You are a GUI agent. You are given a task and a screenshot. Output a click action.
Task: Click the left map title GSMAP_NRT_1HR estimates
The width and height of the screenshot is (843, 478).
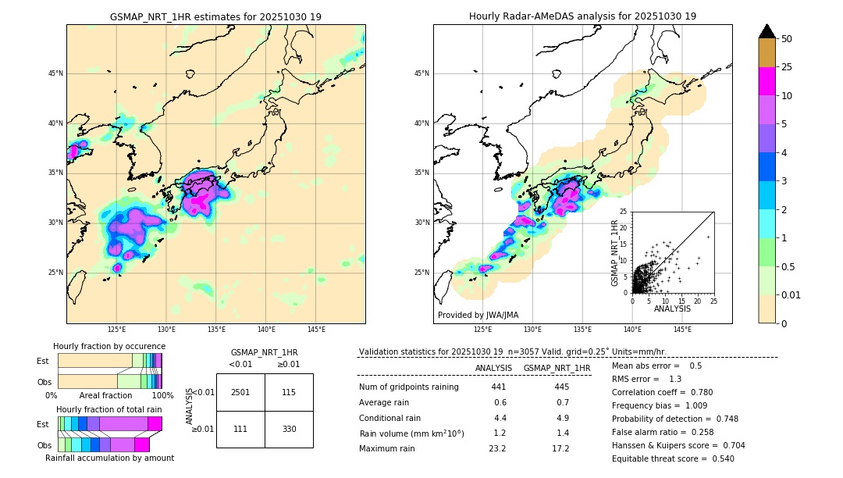click(215, 16)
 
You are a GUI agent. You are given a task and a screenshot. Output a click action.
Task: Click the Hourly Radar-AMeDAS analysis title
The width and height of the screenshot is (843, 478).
click(582, 16)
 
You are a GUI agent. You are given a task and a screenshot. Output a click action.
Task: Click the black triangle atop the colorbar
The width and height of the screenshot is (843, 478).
click(767, 31)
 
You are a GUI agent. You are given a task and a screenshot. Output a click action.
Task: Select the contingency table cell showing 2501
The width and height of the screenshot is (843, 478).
click(240, 392)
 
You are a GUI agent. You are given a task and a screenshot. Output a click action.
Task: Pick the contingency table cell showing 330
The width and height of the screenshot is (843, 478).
click(289, 429)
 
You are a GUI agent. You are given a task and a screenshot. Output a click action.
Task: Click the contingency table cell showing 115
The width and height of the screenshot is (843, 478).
click(289, 392)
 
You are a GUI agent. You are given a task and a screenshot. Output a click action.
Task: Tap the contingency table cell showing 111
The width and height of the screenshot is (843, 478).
click(240, 429)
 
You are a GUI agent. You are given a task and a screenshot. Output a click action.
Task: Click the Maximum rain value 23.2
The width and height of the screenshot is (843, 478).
click(497, 448)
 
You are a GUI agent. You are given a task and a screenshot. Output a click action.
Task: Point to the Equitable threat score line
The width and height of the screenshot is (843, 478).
click(673, 458)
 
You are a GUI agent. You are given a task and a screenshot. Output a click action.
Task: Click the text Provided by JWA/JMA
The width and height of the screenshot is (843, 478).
click(478, 315)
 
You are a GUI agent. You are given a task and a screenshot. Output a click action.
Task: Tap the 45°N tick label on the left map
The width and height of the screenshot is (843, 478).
click(55, 73)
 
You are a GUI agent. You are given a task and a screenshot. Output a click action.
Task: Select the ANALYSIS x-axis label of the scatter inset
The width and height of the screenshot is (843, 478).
click(673, 309)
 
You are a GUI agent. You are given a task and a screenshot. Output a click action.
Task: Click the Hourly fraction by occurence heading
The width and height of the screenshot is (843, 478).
click(109, 346)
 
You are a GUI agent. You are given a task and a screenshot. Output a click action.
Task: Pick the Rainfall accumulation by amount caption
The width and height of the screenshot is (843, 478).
click(109, 458)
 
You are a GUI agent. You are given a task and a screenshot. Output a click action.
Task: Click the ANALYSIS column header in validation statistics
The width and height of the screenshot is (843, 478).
click(493, 368)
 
